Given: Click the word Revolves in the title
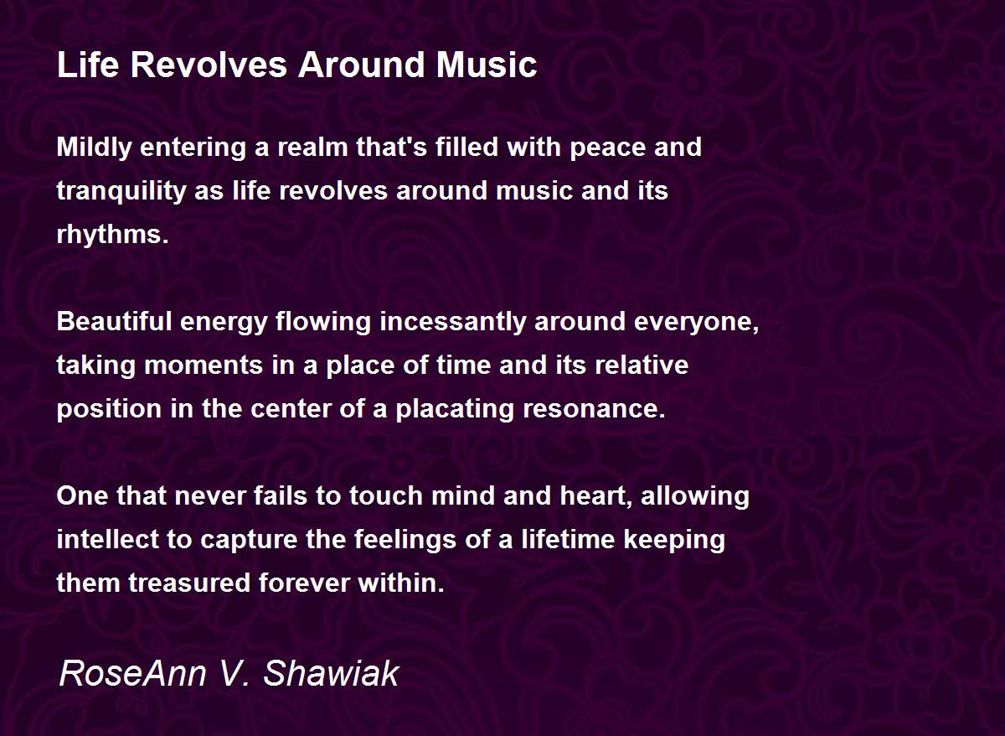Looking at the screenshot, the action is [x=209, y=65].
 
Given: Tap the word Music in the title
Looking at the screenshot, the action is [x=487, y=65].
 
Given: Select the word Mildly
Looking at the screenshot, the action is [x=94, y=148].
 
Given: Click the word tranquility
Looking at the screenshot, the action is [x=121, y=192].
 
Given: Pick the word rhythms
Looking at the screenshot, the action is [x=112, y=235].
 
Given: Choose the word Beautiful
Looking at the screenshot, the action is [x=115, y=322].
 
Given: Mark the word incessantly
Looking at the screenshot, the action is [x=453, y=323].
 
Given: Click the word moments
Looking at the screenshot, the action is [x=204, y=365].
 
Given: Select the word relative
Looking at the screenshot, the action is [x=642, y=365].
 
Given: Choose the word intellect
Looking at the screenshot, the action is [x=108, y=539].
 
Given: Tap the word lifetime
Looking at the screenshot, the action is [x=568, y=539].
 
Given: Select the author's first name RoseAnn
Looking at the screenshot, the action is [x=133, y=674].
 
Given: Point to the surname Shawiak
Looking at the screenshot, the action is [x=331, y=674].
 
